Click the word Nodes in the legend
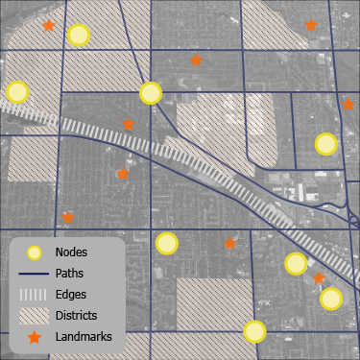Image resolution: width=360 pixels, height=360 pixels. click(x=72, y=252)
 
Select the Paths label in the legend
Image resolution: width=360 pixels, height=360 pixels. click(x=71, y=274)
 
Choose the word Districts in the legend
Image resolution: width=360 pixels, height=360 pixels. click(x=77, y=315)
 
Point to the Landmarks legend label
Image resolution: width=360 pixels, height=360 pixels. click(x=84, y=336)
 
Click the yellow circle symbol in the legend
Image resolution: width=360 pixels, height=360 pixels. click(x=35, y=252)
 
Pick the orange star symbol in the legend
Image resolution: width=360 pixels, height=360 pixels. click(x=35, y=337)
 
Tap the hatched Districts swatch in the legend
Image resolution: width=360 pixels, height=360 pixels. click(x=35, y=315)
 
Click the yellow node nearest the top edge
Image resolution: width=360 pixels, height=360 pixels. click(x=79, y=36)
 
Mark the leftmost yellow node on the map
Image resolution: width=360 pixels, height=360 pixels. click(x=16, y=92)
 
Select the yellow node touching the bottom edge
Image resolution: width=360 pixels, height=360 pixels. click(x=254, y=332)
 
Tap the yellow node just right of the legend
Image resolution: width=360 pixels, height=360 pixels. click(x=167, y=243)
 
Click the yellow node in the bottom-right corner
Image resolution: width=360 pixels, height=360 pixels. click(x=331, y=298)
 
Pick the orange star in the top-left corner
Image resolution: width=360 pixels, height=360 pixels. click(x=49, y=26)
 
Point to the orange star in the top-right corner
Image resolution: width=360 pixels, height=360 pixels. click(x=311, y=26)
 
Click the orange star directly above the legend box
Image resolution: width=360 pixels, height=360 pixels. click(x=68, y=218)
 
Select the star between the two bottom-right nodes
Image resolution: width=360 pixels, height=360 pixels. click(x=319, y=278)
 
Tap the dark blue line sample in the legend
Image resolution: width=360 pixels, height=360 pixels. click(x=35, y=274)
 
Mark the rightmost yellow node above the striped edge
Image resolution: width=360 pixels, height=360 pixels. click(x=326, y=144)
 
